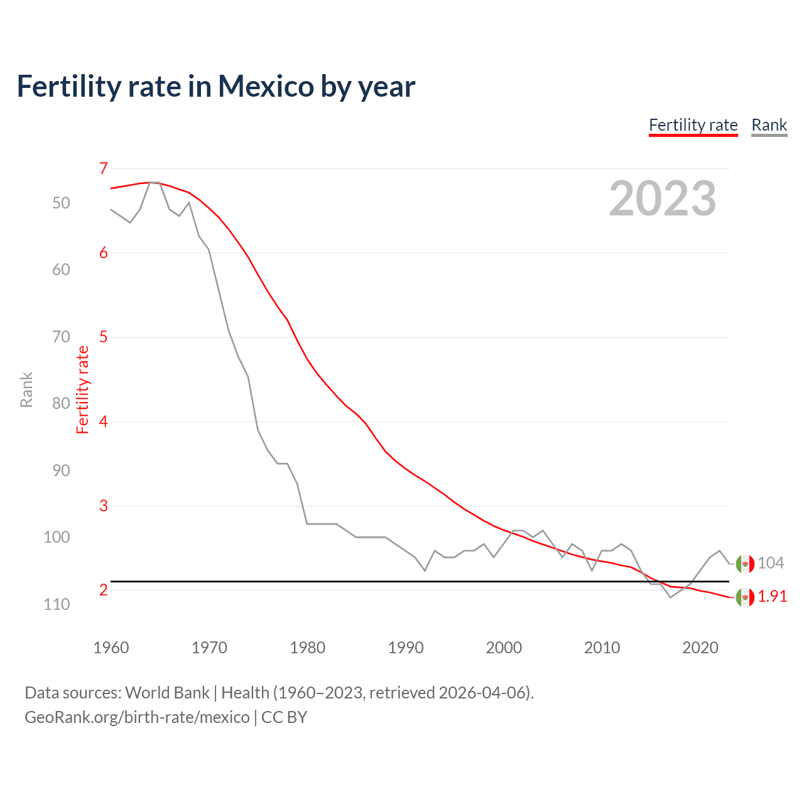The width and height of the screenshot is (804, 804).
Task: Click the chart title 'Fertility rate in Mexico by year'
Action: click(215, 87)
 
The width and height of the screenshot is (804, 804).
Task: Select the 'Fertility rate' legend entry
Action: click(693, 125)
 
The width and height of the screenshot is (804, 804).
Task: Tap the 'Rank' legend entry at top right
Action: click(769, 125)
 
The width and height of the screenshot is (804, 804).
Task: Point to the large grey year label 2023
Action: click(662, 198)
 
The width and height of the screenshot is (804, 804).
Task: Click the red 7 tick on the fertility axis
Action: click(104, 168)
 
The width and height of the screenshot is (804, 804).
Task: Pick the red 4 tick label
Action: click(104, 421)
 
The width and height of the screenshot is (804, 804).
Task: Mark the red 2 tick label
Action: click(104, 590)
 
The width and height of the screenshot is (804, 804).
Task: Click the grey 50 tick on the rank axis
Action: click(61, 203)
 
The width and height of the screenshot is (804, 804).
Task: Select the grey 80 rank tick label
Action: click(61, 403)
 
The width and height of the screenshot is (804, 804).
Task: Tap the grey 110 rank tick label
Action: click(57, 604)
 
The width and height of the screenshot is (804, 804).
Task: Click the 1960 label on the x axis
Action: click(111, 648)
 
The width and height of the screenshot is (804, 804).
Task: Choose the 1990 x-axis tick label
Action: click(406, 648)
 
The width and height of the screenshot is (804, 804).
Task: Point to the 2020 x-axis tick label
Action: click(700, 648)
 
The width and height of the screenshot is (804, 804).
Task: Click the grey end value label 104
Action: click(771, 563)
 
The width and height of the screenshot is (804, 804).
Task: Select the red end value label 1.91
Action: click(772, 596)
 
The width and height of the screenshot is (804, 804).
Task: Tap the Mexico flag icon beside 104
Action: click(745, 563)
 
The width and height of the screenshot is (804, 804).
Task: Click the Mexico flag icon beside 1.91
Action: click(745, 597)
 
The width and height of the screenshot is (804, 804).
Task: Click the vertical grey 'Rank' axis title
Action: click(26, 389)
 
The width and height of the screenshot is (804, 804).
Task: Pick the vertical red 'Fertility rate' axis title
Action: click(82, 389)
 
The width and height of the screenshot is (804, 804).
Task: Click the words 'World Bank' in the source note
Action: click(167, 693)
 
